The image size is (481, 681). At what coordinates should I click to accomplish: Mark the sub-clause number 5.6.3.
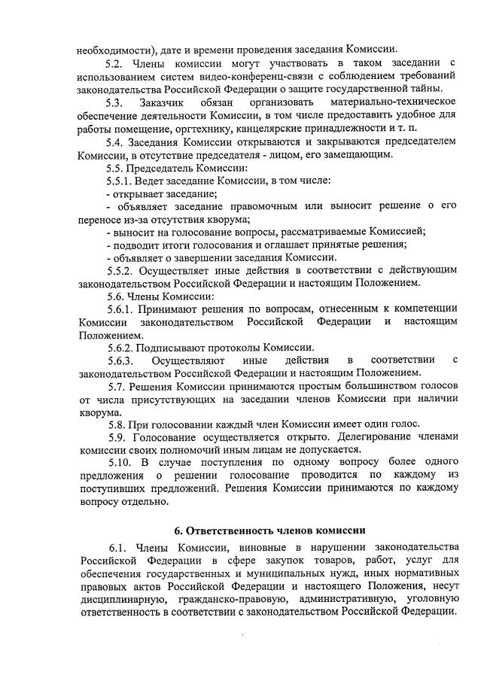click(120, 360)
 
